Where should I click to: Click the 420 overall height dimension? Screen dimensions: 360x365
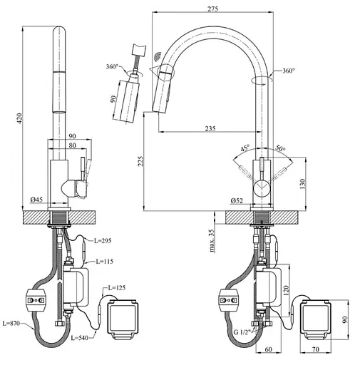21,118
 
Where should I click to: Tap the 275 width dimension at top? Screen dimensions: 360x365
212,9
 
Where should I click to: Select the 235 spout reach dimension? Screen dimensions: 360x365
210,128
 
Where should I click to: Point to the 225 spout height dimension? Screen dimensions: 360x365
140,161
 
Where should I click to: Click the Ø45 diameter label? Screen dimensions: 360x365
36,200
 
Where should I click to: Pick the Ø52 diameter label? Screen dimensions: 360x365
237,201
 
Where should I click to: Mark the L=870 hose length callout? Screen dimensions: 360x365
11,323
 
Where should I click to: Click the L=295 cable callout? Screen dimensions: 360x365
103,241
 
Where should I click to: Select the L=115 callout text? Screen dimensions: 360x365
104,262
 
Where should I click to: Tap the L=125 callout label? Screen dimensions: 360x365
117,288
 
